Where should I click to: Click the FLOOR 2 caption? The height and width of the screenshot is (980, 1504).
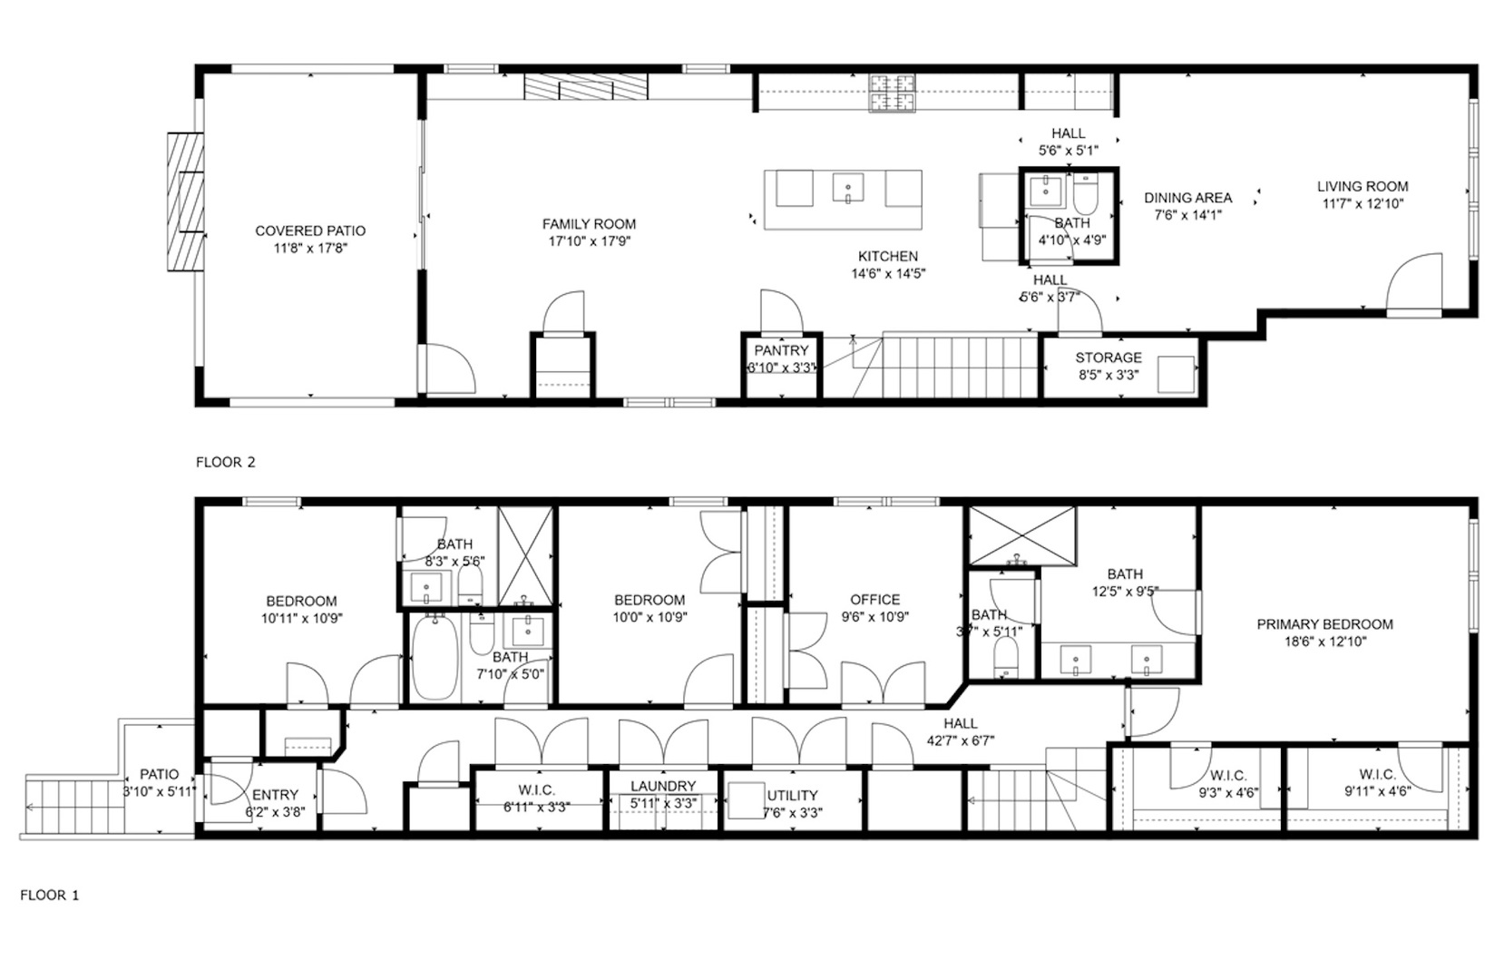pyautogui.click(x=225, y=462)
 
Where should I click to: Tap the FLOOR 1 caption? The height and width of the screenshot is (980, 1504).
pyautogui.click(x=49, y=895)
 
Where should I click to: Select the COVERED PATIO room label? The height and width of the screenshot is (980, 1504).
pyautogui.click(x=310, y=230)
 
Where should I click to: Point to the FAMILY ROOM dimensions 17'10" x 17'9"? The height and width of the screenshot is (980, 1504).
pyautogui.click(x=589, y=241)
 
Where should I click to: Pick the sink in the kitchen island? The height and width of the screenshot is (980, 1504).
pyautogui.click(x=848, y=188)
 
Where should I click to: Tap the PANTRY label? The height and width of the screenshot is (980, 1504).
pyautogui.click(x=781, y=350)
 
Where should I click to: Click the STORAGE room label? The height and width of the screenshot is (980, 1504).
pyautogui.click(x=1108, y=358)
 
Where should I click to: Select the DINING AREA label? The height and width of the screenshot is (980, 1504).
pyautogui.click(x=1187, y=198)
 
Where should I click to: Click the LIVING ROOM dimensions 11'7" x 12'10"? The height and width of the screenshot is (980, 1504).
pyautogui.click(x=1362, y=204)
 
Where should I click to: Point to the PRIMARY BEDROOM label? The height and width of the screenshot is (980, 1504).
pyautogui.click(x=1324, y=624)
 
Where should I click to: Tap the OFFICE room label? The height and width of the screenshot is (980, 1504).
pyautogui.click(x=874, y=600)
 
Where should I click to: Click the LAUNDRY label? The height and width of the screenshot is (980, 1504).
pyautogui.click(x=663, y=786)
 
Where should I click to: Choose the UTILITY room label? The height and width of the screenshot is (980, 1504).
pyautogui.click(x=793, y=795)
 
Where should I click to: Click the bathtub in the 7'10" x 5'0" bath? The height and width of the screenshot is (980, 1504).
pyautogui.click(x=435, y=656)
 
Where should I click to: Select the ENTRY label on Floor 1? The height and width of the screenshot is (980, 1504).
pyautogui.click(x=275, y=795)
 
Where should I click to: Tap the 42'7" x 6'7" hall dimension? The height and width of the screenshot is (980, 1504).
pyautogui.click(x=960, y=740)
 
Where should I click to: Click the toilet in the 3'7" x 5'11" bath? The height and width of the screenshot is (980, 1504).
pyautogui.click(x=1005, y=655)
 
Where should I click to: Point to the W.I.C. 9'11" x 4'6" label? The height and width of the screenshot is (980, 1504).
pyautogui.click(x=1377, y=775)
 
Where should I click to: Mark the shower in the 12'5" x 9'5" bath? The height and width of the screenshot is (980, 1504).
pyautogui.click(x=1022, y=534)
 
